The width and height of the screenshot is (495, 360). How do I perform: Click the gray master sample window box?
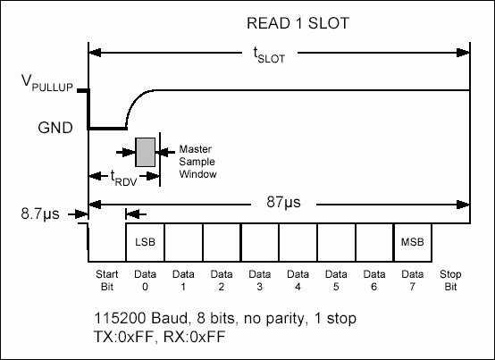pos(145,153)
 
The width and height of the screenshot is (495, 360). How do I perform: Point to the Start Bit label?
pos(106,280)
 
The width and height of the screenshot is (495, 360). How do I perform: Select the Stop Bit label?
pos(451,280)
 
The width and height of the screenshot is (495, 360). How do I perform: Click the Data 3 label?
pos(259,280)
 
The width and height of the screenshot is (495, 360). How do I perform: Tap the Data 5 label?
pos(336,280)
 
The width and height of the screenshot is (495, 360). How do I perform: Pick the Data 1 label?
pos(183,280)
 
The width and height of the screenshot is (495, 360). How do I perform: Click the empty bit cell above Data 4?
pos(298,242)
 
